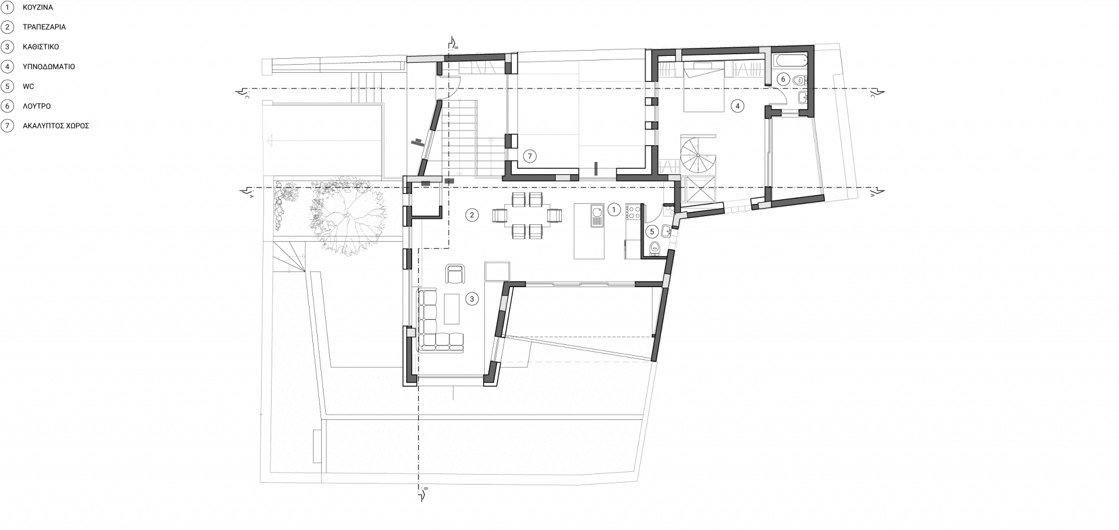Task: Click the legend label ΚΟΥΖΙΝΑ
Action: [37, 8]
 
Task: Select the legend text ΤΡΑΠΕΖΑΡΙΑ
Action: [44, 27]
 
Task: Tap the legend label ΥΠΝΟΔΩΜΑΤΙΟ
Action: [48, 67]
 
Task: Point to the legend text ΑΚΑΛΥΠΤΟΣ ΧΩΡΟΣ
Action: [55, 126]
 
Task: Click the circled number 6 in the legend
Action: [8, 106]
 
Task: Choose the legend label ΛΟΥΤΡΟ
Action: [36, 107]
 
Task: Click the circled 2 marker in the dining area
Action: [472, 215]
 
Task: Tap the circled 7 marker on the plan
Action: [529, 156]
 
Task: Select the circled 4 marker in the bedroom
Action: [737, 106]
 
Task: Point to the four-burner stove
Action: [634, 211]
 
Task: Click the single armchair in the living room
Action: [455, 274]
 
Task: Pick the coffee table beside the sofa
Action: [452, 309]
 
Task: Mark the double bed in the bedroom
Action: [705, 89]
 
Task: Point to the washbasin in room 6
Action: [803, 97]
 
